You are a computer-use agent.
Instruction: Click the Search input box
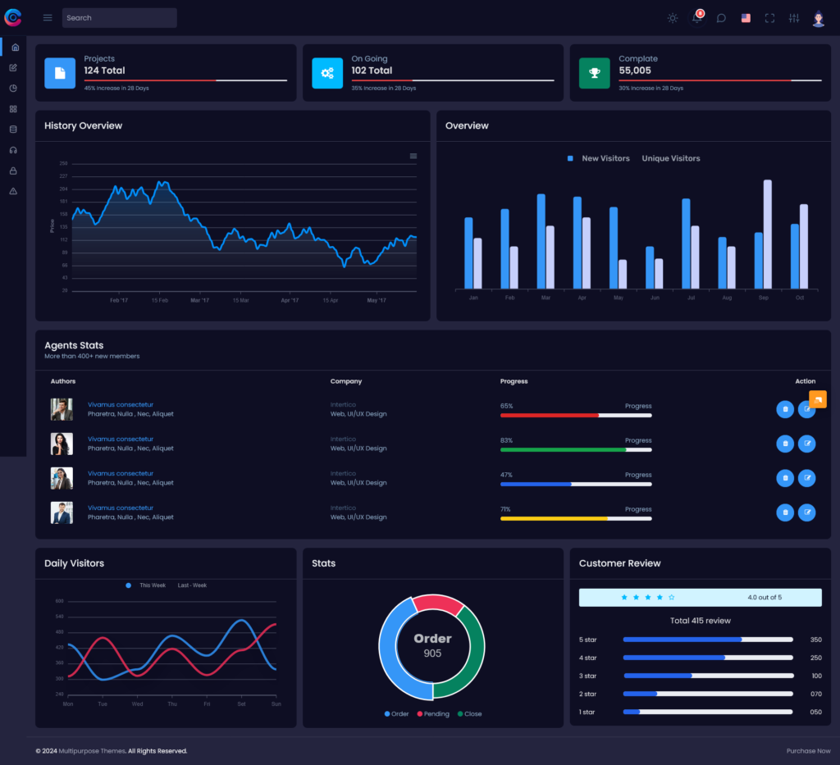(x=119, y=18)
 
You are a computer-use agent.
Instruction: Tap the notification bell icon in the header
(x=696, y=18)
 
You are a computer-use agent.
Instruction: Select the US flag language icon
(x=746, y=18)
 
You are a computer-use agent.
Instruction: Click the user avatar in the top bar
(x=818, y=18)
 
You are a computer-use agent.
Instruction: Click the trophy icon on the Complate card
(x=595, y=73)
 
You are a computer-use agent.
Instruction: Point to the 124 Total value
(x=104, y=71)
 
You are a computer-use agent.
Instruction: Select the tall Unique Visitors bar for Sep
(x=767, y=234)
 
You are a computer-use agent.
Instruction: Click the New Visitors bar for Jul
(x=686, y=243)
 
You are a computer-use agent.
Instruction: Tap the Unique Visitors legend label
(x=670, y=158)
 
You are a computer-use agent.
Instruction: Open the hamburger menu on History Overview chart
(x=413, y=156)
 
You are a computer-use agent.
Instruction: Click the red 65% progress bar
(x=550, y=416)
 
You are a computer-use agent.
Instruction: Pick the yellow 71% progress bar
(x=555, y=519)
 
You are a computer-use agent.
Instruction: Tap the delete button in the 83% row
(x=785, y=444)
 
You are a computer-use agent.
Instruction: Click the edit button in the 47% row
(x=807, y=478)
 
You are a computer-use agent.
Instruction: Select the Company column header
(x=346, y=381)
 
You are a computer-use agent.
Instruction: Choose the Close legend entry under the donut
(x=469, y=714)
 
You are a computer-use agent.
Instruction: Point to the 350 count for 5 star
(x=815, y=640)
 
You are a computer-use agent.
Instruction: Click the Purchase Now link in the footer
(x=808, y=751)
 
